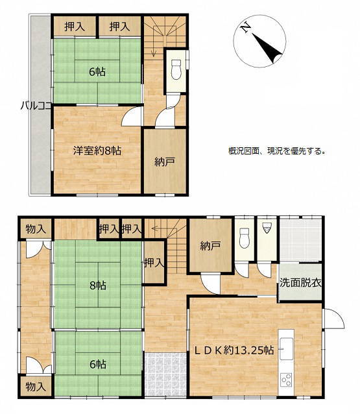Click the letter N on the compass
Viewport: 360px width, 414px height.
click(246, 27)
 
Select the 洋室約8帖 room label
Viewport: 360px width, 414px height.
click(97, 151)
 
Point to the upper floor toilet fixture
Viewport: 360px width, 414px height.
click(176, 69)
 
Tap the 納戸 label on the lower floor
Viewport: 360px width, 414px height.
click(210, 246)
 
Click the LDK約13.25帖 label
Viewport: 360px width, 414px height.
click(234, 350)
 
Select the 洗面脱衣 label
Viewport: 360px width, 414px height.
click(300, 283)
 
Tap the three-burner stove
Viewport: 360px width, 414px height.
click(286, 380)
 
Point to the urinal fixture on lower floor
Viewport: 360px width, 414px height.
click(267, 228)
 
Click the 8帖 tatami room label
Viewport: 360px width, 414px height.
click(98, 286)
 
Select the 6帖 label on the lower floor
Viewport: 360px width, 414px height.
click(98, 365)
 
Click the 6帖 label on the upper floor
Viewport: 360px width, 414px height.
click(97, 71)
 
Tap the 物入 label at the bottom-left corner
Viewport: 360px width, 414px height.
click(36, 387)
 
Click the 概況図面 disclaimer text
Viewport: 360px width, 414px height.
click(277, 151)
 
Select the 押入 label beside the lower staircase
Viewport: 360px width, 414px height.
click(154, 263)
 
